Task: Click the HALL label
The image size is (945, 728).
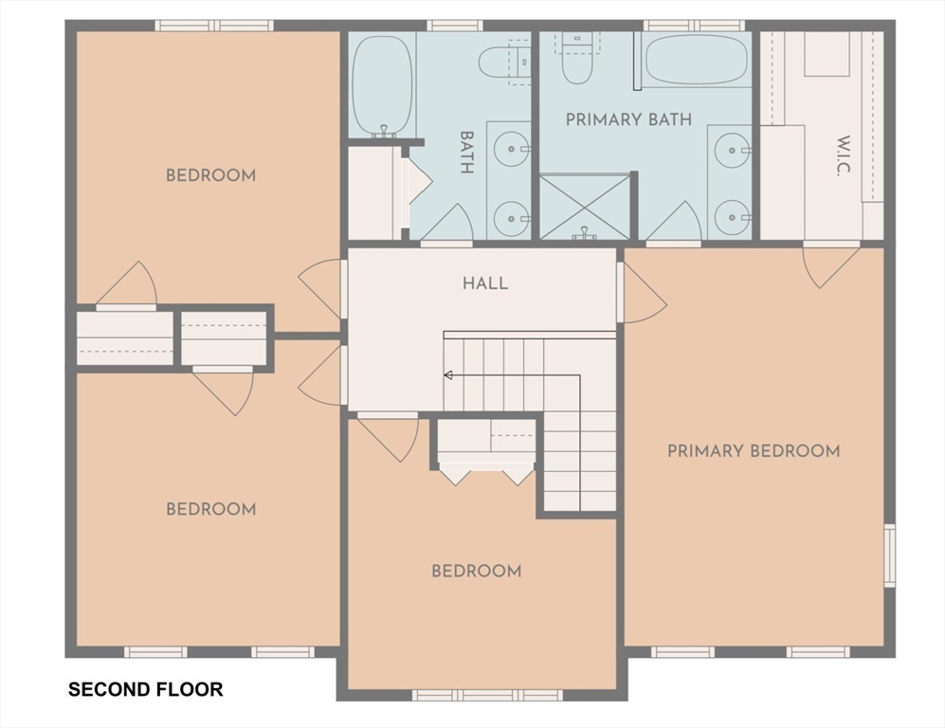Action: click(485, 283)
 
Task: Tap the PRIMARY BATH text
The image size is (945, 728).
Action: click(628, 119)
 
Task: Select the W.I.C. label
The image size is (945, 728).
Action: click(844, 155)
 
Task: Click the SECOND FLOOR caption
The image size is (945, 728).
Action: click(145, 689)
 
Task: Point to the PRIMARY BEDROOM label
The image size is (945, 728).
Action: click(754, 451)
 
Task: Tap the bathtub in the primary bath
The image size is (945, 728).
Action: click(697, 60)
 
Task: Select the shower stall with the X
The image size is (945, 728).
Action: click(585, 207)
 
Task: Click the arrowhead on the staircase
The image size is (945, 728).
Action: click(447, 375)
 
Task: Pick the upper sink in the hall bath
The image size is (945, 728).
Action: click(512, 148)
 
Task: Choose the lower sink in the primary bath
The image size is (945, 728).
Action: click(733, 216)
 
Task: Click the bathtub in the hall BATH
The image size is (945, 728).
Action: click(382, 85)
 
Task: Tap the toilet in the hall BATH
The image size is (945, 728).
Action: click(504, 61)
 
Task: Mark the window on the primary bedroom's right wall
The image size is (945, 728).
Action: click(890, 555)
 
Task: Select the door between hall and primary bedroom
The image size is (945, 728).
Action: click(642, 292)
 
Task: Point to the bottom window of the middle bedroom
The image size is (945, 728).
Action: click(487, 695)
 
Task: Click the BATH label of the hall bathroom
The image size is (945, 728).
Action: click(466, 153)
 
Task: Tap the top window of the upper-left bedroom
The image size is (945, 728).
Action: click(214, 26)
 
